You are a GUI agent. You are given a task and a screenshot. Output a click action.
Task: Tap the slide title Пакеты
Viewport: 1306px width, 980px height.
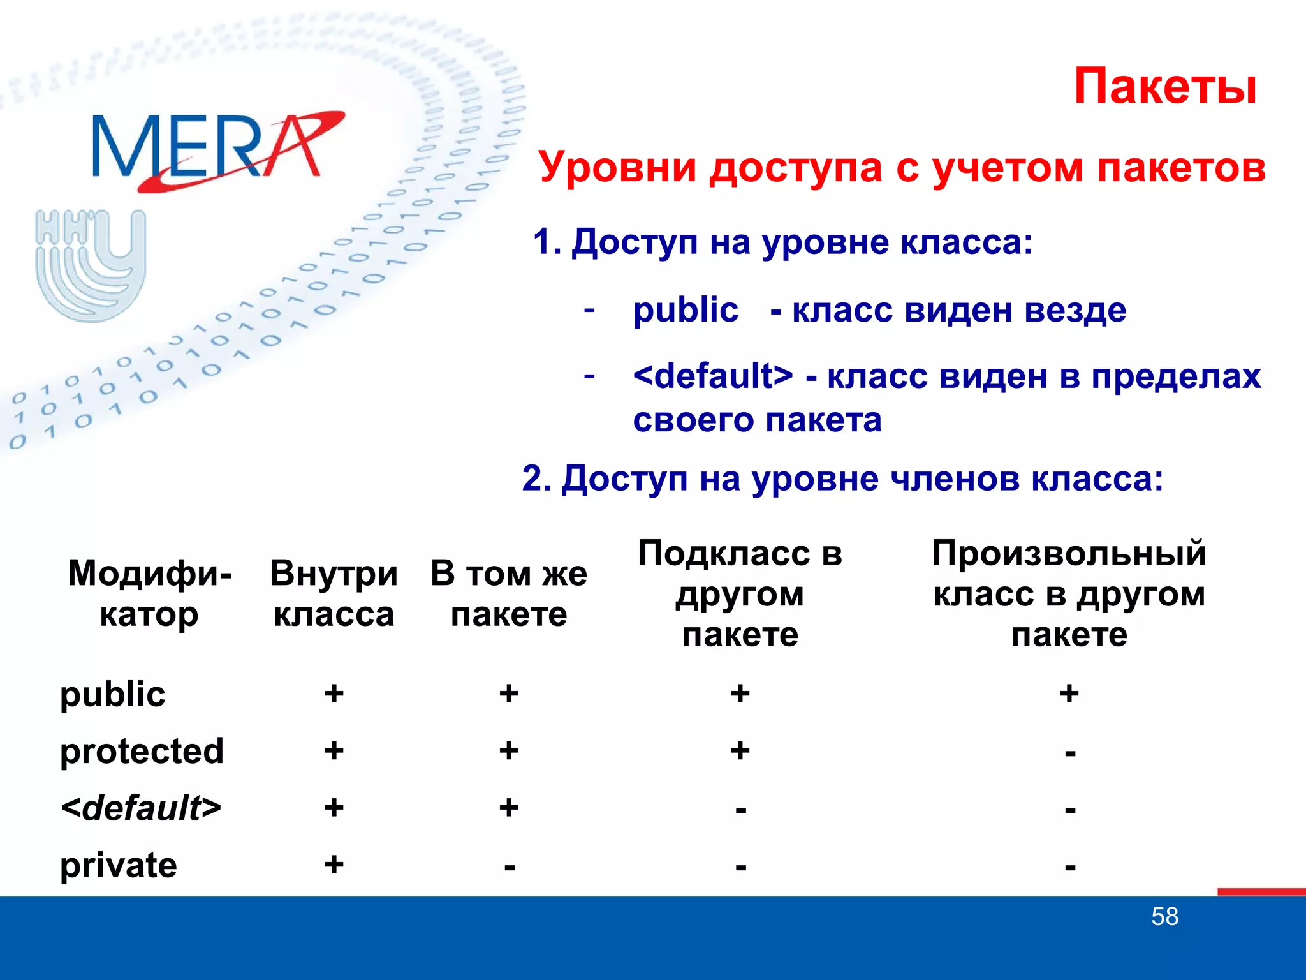tap(1165, 87)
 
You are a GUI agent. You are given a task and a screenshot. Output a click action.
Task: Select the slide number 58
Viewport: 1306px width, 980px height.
tap(1164, 917)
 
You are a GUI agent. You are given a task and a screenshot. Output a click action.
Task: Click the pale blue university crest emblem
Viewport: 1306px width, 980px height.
tap(91, 264)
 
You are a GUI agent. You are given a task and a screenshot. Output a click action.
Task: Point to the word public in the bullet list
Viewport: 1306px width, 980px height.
tap(686, 311)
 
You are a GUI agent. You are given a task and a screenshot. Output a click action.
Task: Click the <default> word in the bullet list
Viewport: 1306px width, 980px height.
tap(713, 376)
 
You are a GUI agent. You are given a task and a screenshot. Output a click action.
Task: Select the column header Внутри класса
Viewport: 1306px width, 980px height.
tap(334, 593)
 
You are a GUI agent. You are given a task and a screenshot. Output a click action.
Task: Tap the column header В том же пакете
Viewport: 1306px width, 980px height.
tap(508, 593)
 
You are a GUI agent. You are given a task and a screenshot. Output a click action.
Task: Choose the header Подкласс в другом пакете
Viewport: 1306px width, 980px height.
tap(740, 593)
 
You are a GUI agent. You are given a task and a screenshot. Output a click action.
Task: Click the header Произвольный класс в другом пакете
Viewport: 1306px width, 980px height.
tap(1069, 593)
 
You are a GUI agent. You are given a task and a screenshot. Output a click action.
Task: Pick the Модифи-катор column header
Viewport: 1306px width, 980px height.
tap(149, 593)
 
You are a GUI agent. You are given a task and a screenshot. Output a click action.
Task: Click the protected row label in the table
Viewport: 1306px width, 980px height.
tap(142, 751)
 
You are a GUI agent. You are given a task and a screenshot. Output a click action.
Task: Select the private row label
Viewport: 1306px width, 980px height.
tap(118, 865)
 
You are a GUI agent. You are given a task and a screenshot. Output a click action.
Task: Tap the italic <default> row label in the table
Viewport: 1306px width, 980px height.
tap(140, 808)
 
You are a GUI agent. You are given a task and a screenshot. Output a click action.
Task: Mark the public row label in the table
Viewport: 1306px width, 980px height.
tap(112, 694)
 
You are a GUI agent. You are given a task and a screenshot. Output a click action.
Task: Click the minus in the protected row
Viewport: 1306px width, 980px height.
tap(1070, 754)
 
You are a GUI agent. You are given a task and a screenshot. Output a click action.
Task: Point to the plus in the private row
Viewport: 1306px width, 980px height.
tap(334, 865)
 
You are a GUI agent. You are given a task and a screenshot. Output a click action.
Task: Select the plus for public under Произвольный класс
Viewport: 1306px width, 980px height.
tap(1069, 694)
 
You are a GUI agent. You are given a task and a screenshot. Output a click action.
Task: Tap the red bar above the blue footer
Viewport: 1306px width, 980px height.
tap(1261, 891)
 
